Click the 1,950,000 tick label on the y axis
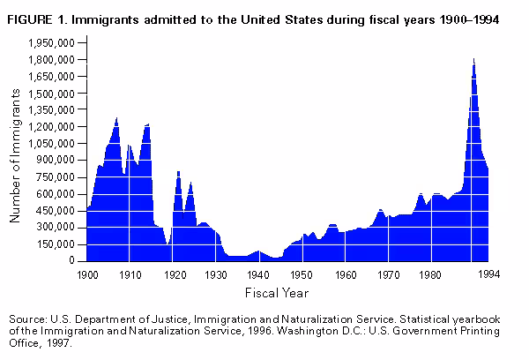pyautogui.click(x=52, y=42)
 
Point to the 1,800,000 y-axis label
pyautogui.click(x=52, y=59)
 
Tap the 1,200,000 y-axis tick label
pyautogui.click(x=52, y=126)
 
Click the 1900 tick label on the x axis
pyautogui.click(x=86, y=275)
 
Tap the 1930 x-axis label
pyautogui.click(x=216, y=275)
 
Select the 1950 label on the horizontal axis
pyautogui.click(x=302, y=275)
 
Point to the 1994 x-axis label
pyautogui.click(x=489, y=275)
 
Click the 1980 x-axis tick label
pyautogui.click(x=431, y=275)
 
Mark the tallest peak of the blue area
pyautogui.click(x=473, y=60)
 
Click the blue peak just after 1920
pyautogui.click(x=179, y=172)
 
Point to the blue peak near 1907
pyautogui.click(x=116, y=119)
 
